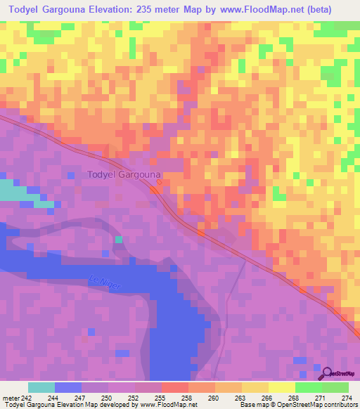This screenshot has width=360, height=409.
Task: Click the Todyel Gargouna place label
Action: (124, 174)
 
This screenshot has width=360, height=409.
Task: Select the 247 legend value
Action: (82, 397)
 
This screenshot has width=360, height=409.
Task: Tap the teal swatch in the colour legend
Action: (41, 387)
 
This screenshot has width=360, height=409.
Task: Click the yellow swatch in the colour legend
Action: (281, 387)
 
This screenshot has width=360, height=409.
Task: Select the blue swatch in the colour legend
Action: (68, 387)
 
